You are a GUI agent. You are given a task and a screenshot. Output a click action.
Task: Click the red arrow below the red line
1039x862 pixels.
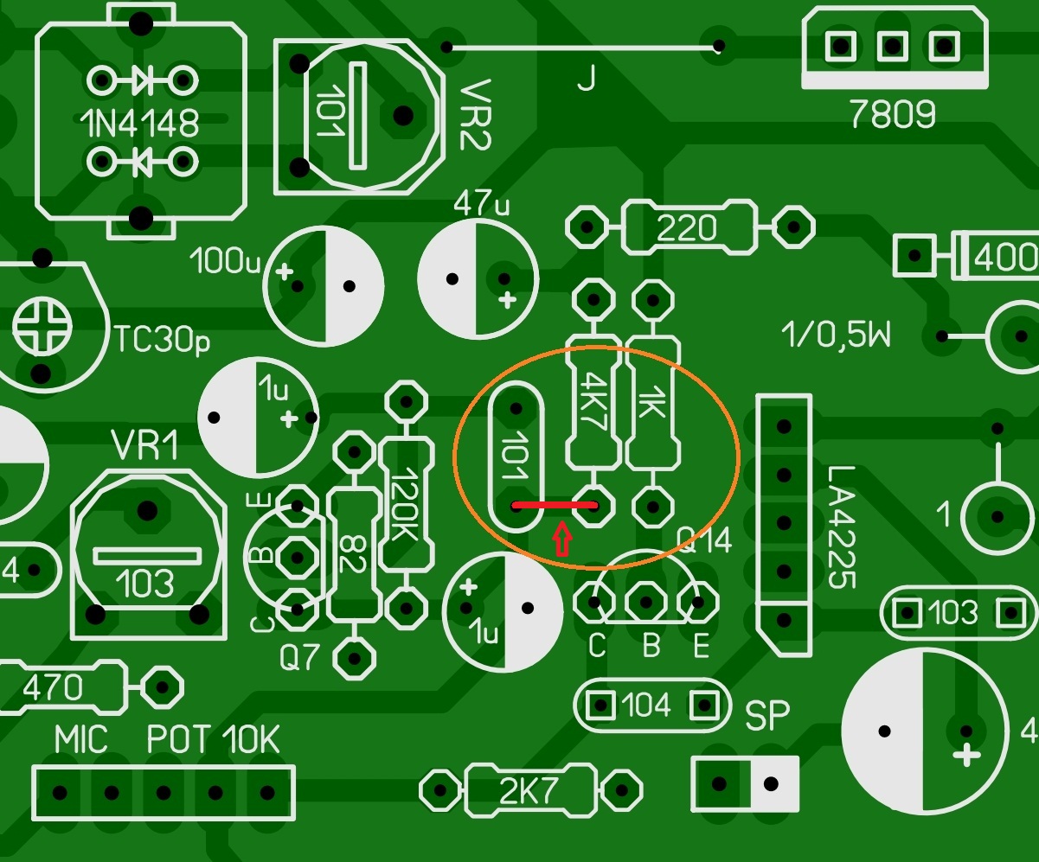(x=563, y=539)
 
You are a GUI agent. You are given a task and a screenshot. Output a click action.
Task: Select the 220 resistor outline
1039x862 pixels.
(x=689, y=228)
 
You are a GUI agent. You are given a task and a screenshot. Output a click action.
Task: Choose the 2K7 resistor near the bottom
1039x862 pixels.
(x=530, y=789)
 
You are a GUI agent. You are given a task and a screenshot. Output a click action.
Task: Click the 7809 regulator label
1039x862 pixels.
(x=892, y=115)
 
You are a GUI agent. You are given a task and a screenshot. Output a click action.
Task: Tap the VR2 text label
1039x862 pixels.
(x=473, y=117)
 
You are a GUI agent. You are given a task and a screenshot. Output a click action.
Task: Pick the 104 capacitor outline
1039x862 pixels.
(x=647, y=706)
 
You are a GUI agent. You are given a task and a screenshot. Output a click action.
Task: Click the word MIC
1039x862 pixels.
(x=81, y=740)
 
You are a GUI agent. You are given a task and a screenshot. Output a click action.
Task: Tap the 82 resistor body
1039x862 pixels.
(x=352, y=553)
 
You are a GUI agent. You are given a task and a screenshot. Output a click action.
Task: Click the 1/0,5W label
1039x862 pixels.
(x=835, y=334)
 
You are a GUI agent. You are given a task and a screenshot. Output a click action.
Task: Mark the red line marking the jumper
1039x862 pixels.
(x=555, y=503)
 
